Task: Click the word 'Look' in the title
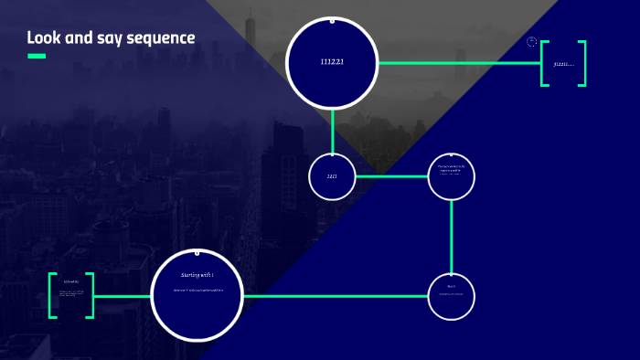coord(43,38)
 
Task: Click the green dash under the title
coord(37,56)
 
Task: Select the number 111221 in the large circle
coord(332,62)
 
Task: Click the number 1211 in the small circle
coord(332,175)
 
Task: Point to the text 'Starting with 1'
coord(197,274)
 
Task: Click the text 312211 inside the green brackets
coord(563,64)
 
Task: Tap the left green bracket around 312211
coord(545,63)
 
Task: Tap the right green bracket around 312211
coord(581,63)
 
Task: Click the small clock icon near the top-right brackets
coord(532,42)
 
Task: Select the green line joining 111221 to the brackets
coord(457,63)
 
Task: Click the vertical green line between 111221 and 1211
coord(332,130)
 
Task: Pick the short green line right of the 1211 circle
coord(391,175)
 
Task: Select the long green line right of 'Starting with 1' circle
coord(334,296)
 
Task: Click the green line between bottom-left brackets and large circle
coord(122,296)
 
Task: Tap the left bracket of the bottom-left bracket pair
coord(53,295)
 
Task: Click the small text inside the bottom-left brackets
coord(71,294)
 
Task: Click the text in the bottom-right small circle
coord(452,293)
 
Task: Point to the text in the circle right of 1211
coord(452,169)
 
